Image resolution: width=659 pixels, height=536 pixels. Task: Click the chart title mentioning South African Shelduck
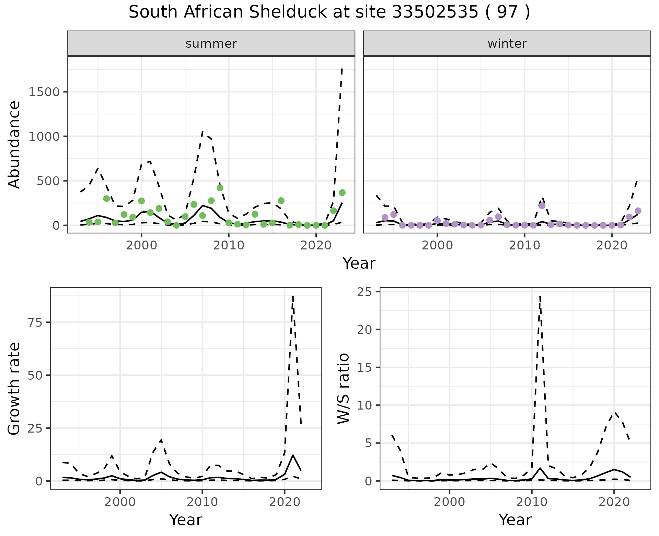(329, 13)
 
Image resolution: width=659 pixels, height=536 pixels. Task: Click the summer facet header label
(211, 44)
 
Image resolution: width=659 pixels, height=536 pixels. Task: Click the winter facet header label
(507, 44)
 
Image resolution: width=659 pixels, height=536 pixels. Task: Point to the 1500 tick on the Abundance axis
(44, 92)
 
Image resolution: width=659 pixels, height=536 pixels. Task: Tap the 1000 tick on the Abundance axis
(44, 137)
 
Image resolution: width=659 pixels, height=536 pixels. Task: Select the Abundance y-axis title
(14, 144)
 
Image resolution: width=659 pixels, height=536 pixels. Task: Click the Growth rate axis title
(14, 388)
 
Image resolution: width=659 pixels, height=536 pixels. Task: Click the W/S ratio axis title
(344, 388)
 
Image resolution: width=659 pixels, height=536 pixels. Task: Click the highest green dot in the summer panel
(220, 188)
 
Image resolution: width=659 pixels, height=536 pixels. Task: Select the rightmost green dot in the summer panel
(342, 193)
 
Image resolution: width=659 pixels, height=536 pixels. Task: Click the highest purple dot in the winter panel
(542, 206)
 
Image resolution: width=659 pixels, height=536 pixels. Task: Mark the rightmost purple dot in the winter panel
(638, 211)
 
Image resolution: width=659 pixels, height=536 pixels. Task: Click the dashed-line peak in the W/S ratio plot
(540, 296)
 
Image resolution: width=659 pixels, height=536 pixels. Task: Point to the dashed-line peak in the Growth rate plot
(292, 296)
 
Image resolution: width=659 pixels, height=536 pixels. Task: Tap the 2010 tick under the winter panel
(524, 246)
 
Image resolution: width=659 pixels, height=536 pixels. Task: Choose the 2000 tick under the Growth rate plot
(120, 502)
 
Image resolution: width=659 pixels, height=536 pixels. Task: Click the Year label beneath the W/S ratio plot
(515, 520)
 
